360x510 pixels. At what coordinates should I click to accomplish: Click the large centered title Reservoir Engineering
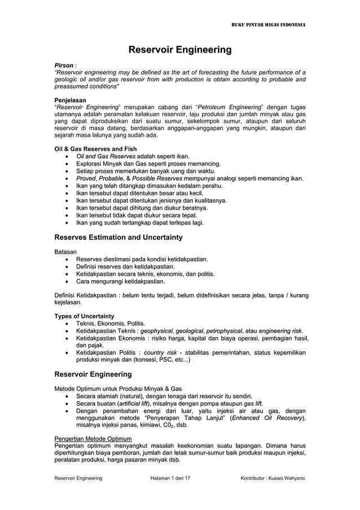pyautogui.click(x=179, y=51)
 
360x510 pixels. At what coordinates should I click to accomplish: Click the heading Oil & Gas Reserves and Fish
pyautogui.click(x=95, y=149)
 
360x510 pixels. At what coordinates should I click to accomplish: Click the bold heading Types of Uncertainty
pyautogui.click(x=84, y=316)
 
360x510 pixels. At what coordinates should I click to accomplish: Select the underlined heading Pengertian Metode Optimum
pyautogui.click(x=93, y=438)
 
